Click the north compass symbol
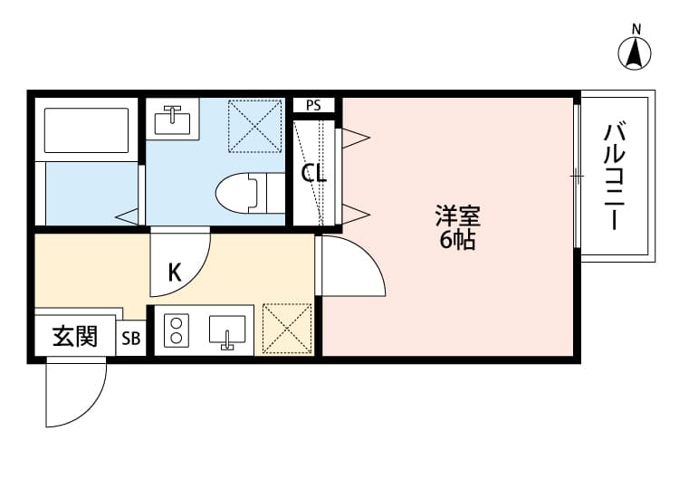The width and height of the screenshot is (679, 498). point(636,53)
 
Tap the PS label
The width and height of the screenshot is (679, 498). point(313,105)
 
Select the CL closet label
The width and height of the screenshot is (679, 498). point(313,173)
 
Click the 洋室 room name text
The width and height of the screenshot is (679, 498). point(457,216)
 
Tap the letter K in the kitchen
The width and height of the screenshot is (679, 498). point(174,271)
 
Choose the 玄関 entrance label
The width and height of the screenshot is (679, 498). point(74,337)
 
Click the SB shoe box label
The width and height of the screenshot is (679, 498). point(131,339)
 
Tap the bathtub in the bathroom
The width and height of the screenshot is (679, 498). point(85,130)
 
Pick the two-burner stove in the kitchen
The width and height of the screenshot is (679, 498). point(175,330)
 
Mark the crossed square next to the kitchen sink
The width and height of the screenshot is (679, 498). point(286,329)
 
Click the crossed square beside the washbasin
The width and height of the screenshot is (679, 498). point(255,124)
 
